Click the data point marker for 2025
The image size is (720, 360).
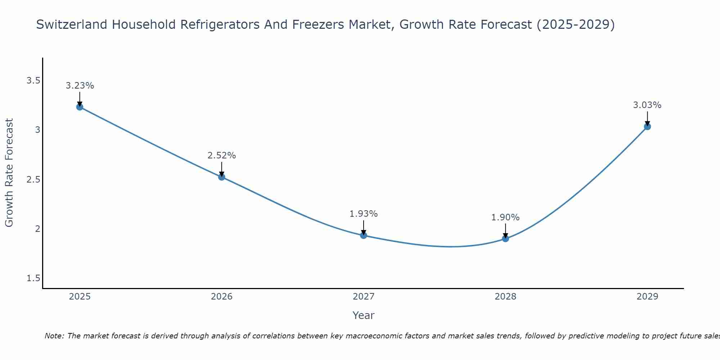tap(80, 107)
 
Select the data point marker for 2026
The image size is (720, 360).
tap(222, 177)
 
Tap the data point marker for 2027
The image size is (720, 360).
tap(364, 235)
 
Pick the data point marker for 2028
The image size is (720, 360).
tap(505, 238)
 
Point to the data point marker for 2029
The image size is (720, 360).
tap(647, 126)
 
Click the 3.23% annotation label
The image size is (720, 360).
tap(80, 86)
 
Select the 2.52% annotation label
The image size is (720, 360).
tap(222, 156)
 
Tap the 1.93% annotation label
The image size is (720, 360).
tap(364, 214)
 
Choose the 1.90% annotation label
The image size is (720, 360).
tap(505, 217)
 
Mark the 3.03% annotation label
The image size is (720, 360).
tap(647, 105)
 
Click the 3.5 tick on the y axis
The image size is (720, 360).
tap(33, 81)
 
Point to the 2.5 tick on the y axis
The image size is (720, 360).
tap(33, 179)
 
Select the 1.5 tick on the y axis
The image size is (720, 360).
tap(33, 278)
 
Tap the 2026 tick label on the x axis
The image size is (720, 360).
tap(222, 297)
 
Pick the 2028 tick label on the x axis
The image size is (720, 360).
tap(505, 297)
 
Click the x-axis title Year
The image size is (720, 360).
tap(364, 315)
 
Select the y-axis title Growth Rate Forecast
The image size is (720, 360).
tap(9, 173)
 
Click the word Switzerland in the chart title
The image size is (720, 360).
tap(72, 24)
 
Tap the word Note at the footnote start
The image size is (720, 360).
tap(54, 336)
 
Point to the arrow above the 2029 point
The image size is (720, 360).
tap(647, 118)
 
